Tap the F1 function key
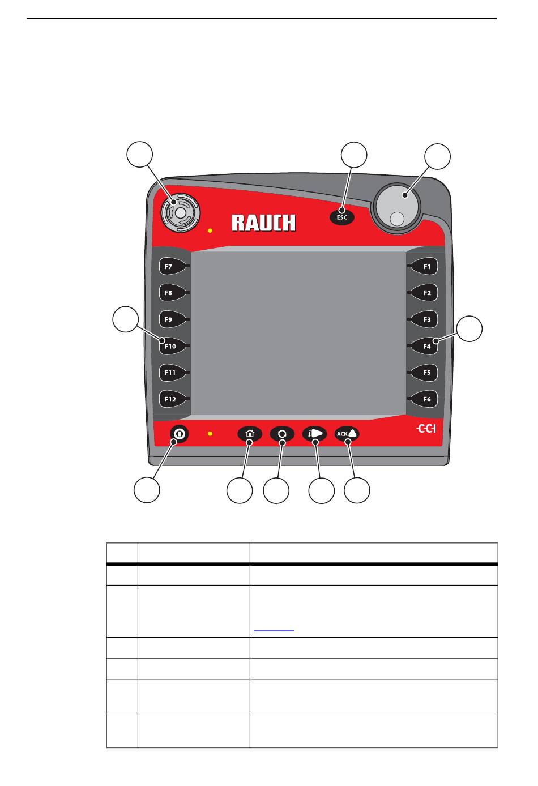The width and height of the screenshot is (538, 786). [426, 266]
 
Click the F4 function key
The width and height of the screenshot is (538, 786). [426, 346]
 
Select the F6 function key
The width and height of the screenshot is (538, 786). [426, 399]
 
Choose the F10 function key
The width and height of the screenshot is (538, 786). [170, 346]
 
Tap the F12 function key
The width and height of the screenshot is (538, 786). [170, 399]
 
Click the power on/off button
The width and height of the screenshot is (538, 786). [179, 434]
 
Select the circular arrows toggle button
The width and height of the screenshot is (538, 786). [282, 434]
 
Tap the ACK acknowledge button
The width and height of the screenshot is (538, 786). [347, 434]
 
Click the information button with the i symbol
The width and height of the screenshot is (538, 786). [314, 434]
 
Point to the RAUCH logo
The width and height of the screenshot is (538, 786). [263, 223]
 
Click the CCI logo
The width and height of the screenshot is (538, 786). [426, 429]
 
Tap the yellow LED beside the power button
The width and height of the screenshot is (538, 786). [210, 434]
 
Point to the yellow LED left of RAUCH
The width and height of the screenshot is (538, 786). [210, 231]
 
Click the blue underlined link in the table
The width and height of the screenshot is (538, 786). [274, 629]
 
